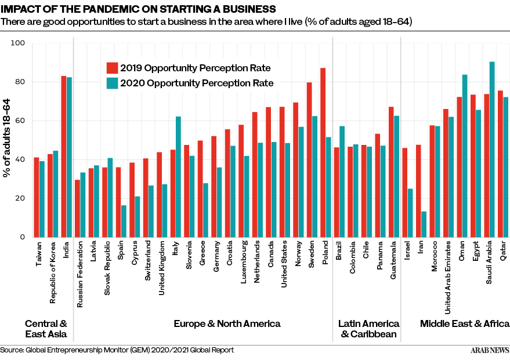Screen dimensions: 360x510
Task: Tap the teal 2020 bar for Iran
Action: [x=424, y=224]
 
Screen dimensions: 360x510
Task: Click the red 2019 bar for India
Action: [x=64, y=157]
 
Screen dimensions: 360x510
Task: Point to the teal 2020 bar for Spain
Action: [x=124, y=221]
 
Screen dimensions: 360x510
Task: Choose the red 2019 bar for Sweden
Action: [x=309, y=159]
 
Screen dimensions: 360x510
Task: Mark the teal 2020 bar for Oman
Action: [x=465, y=156]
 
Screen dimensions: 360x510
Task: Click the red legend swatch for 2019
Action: [x=112, y=68]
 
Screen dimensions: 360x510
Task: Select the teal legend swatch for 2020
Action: [x=112, y=83]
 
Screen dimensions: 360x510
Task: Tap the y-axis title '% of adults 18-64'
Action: [x=7, y=140]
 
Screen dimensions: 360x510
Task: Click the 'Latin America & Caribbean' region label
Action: [x=368, y=329]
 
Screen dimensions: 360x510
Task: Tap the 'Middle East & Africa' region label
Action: [x=465, y=323]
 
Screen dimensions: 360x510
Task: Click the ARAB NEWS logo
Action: [x=489, y=350]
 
